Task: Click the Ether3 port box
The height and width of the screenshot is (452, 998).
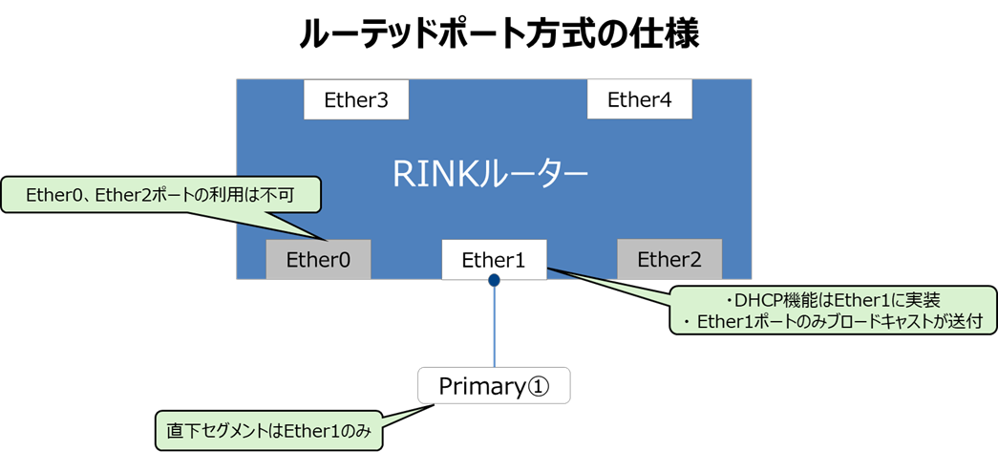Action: [x=356, y=99]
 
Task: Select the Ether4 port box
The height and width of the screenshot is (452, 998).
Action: [x=639, y=99]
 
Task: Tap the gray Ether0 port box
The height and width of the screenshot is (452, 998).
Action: [x=318, y=259]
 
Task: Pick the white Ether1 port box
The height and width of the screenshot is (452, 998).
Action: [x=494, y=259]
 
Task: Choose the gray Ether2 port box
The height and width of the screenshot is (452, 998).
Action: [x=669, y=259]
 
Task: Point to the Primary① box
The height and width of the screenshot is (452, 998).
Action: [x=494, y=384]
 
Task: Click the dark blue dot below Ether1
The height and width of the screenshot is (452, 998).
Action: [x=494, y=279]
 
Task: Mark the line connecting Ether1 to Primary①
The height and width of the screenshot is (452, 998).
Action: [x=494, y=326]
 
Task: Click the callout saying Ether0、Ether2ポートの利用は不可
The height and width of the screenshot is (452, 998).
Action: [x=160, y=196]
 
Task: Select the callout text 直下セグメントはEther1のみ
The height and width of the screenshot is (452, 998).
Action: [x=268, y=432]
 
